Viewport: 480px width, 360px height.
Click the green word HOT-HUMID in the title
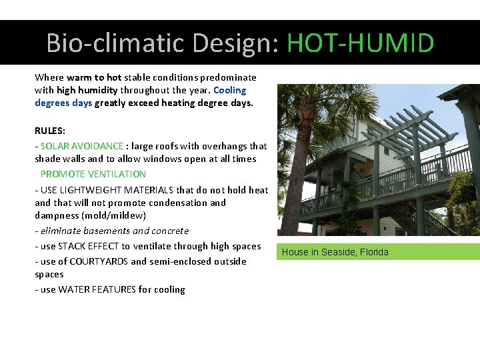360,43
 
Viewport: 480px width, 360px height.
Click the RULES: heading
50,131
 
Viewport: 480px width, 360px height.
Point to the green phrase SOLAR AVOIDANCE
82,146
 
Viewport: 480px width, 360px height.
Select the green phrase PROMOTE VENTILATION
93,174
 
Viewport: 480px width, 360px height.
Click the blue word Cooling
230,90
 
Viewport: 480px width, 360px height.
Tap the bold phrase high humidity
87,90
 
